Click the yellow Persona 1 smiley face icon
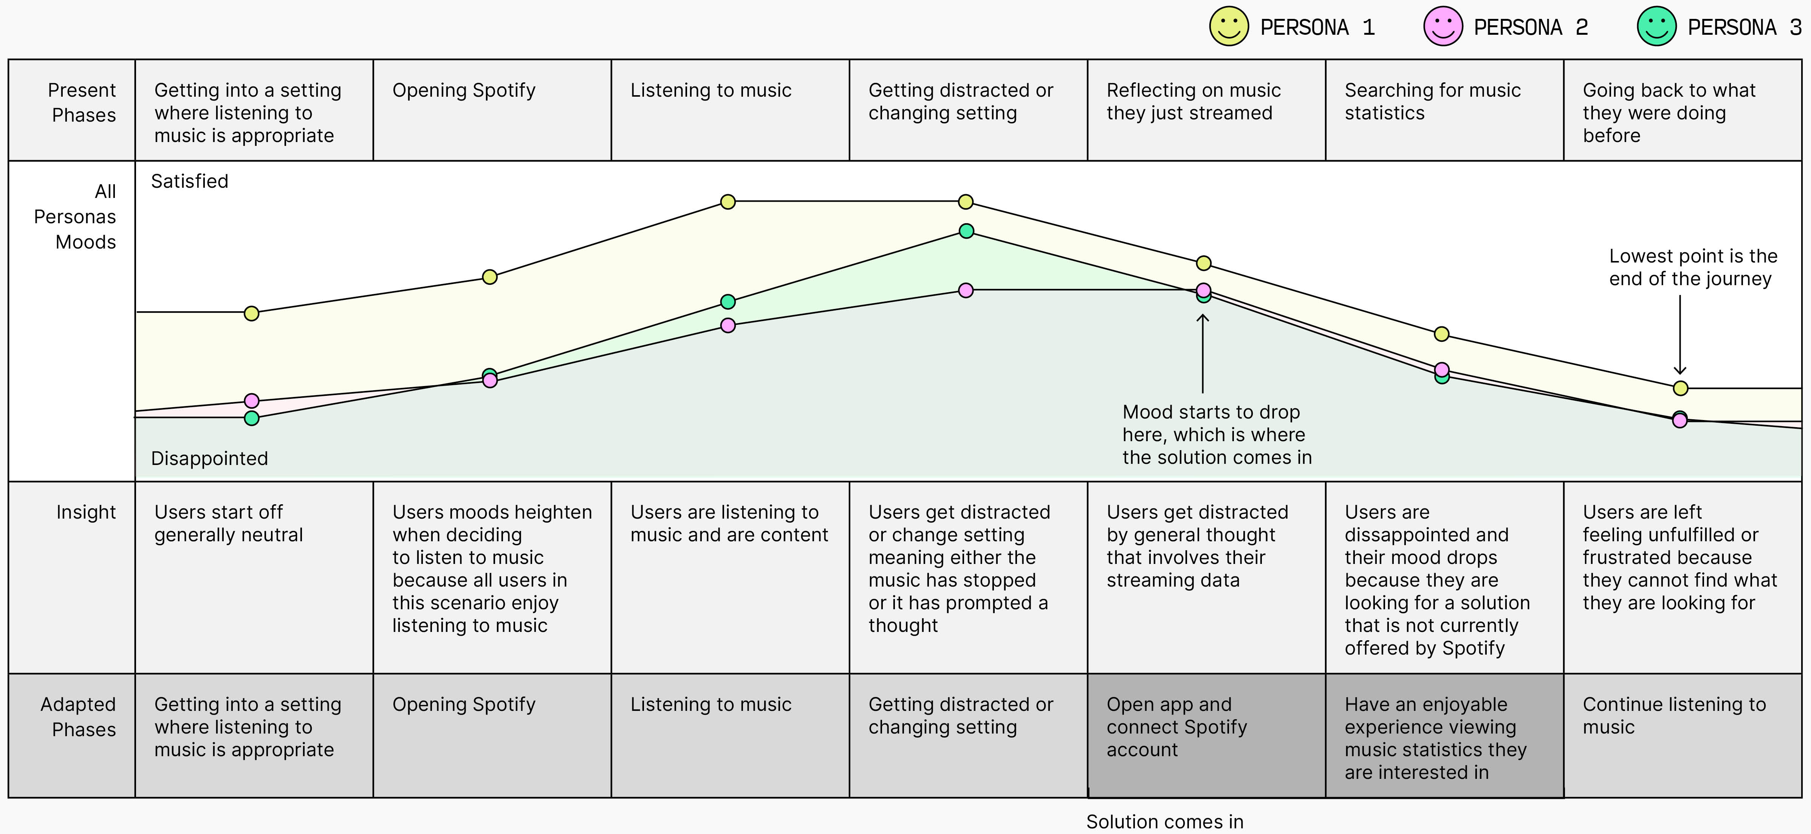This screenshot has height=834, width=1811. pyautogui.click(x=1228, y=27)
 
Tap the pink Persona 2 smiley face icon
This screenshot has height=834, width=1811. pyautogui.click(x=1443, y=27)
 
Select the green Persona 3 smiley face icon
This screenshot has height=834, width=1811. pyautogui.click(x=1656, y=27)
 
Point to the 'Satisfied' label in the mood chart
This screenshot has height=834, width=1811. pyautogui.click(x=190, y=181)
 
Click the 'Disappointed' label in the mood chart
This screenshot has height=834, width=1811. pyautogui.click(x=209, y=458)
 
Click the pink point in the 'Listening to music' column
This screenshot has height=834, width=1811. pyautogui.click(x=727, y=325)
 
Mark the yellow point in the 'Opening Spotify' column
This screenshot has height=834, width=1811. pyautogui.click(x=490, y=277)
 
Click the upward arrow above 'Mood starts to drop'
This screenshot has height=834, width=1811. pyautogui.click(x=1203, y=351)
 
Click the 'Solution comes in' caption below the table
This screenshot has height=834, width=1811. pyautogui.click(x=1164, y=822)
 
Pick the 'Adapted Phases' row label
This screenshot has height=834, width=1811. pyautogui.click(x=78, y=717)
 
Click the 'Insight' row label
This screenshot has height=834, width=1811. pyautogui.click(x=86, y=512)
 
